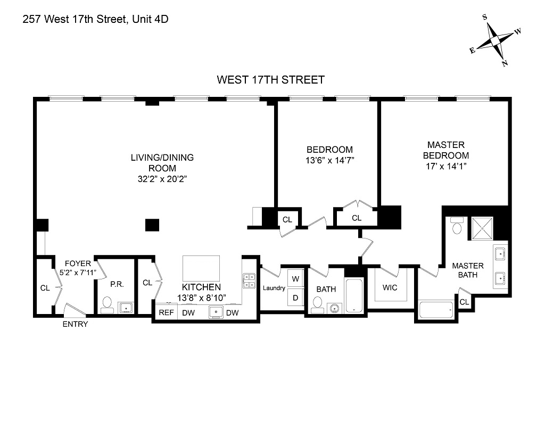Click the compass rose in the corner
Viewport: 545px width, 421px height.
(495, 41)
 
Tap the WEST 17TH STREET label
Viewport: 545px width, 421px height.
(270, 80)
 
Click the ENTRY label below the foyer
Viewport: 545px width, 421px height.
(75, 324)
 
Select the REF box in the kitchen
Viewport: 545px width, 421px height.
(166, 313)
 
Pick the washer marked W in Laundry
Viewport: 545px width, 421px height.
(295, 278)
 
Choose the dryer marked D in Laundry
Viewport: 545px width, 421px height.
(295, 298)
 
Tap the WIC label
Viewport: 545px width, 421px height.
(390, 288)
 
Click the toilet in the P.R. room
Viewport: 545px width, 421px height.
(106, 304)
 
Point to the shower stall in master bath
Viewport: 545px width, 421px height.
(481, 228)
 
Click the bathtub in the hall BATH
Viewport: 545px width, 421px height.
(354, 295)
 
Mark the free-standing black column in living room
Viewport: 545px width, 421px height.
(152, 225)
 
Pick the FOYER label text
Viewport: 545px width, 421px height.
(78, 263)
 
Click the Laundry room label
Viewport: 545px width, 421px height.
(274, 288)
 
